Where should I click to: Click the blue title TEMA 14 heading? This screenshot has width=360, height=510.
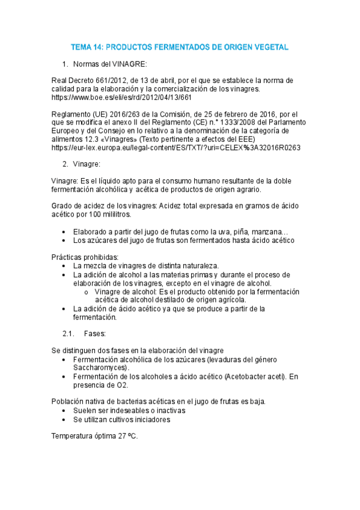click(x=180, y=46)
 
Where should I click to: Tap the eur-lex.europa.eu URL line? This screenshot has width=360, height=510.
click(x=177, y=147)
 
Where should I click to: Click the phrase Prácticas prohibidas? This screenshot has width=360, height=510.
click(x=85, y=257)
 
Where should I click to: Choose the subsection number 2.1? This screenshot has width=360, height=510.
click(x=68, y=333)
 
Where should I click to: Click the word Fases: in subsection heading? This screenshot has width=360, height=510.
click(x=95, y=333)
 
